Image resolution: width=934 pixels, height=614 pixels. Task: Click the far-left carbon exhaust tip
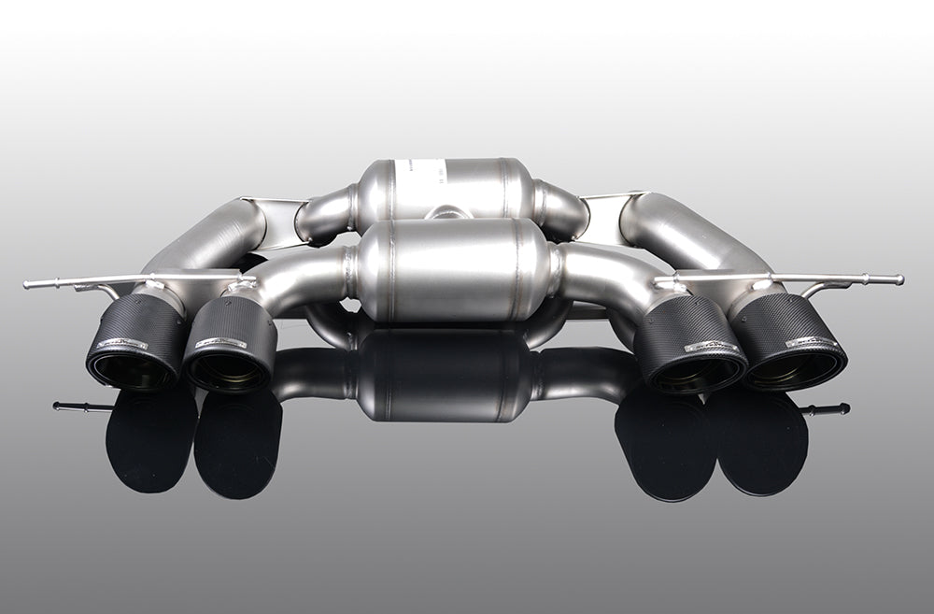(135, 342)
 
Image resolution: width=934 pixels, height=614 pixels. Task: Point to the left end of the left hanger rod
(28, 284)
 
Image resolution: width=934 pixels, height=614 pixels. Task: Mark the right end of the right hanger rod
(899, 279)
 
